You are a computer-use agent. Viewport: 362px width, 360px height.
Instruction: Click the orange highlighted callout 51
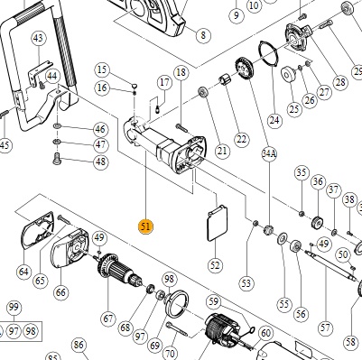[145, 226]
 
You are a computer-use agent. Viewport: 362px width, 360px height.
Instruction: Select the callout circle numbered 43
[39, 39]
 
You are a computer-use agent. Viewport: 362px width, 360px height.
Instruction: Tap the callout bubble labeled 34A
[269, 154]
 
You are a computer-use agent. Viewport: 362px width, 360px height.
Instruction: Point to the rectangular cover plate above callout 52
[218, 223]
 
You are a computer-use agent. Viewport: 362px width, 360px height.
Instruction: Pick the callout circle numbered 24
[274, 120]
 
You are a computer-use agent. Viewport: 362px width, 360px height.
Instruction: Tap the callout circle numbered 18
[181, 72]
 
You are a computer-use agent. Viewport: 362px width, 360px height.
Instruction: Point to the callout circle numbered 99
[14, 308]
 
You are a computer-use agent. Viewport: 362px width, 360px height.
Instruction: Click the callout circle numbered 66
[60, 292]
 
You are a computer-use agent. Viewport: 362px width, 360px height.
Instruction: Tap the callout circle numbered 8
[203, 35]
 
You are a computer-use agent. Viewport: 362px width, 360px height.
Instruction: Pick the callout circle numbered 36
[318, 182]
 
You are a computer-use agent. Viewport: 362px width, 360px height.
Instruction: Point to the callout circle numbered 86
[79, 345]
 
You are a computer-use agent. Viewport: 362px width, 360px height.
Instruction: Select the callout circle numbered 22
[241, 139]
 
